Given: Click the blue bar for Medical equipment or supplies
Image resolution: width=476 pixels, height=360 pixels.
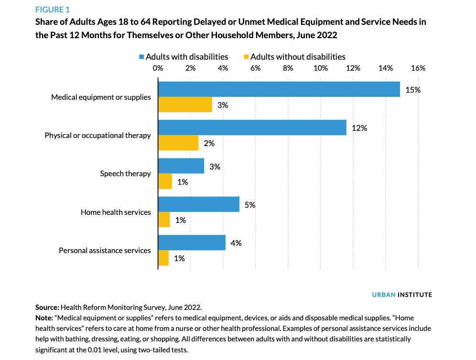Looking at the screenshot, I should coord(279,89).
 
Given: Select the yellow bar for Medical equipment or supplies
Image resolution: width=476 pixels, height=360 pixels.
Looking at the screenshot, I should coord(185,105).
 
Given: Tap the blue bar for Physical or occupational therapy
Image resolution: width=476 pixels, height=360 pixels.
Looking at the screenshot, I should coord(252,127).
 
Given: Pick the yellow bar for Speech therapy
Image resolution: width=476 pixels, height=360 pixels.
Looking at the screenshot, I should coord(165,181).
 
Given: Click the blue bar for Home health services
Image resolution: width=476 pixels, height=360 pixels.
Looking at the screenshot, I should coord(198,204).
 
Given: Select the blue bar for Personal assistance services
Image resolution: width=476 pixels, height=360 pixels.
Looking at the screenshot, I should coord(192,243).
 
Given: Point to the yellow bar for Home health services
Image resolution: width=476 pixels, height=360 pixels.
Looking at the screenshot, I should coord(164,220).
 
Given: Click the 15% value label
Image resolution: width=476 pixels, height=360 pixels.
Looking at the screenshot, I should coord(412,89).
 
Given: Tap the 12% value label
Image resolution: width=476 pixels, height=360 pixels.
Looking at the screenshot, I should coord(359,128).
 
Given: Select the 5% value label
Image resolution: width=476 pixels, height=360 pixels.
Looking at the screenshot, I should coord(249,205).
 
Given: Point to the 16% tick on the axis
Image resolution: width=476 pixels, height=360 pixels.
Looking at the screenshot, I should coord(418,68).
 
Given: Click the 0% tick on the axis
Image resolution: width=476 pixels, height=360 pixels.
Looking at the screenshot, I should coord(158,68).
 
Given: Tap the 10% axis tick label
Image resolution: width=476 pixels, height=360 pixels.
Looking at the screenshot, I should coord(320,68).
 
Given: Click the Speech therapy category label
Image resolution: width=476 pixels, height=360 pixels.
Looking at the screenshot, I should coord(125,174).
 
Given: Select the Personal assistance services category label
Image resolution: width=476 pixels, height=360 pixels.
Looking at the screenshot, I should coord(105,250).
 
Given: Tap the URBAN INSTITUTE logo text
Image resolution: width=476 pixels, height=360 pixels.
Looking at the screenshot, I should coord(402,295).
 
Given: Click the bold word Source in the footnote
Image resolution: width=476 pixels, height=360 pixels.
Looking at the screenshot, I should coord(47,308).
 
